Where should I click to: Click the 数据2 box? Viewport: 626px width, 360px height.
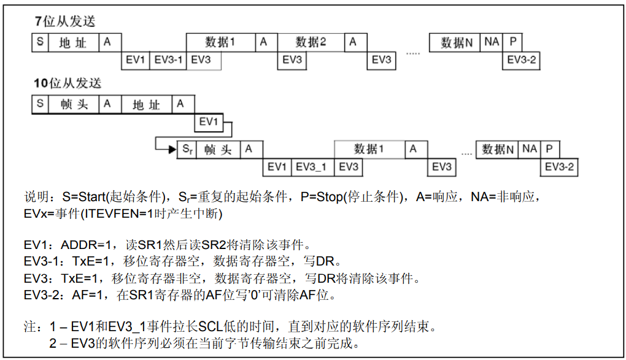pyautogui.click(x=311, y=42)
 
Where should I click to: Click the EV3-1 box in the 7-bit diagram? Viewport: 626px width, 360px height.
pyautogui.click(x=168, y=60)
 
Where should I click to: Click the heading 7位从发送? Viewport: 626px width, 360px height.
pyautogui.click(x=64, y=21)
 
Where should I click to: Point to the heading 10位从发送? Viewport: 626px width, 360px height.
pyautogui.click(x=68, y=83)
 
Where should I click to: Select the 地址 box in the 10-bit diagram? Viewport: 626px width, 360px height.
pyautogui.click(x=147, y=105)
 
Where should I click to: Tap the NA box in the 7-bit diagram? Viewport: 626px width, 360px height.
pyautogui.click(x=492, y=42)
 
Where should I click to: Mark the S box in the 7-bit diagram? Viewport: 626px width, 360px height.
pyautogui.click(x=40, y=42)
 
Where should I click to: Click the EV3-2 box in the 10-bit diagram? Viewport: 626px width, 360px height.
pyautogui.click(x=560, y=167)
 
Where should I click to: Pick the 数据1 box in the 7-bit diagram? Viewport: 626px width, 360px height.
pyautogui.click(x=220, y=42)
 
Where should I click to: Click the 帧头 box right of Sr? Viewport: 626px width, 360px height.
pyautogui.click(x=218, y=150)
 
